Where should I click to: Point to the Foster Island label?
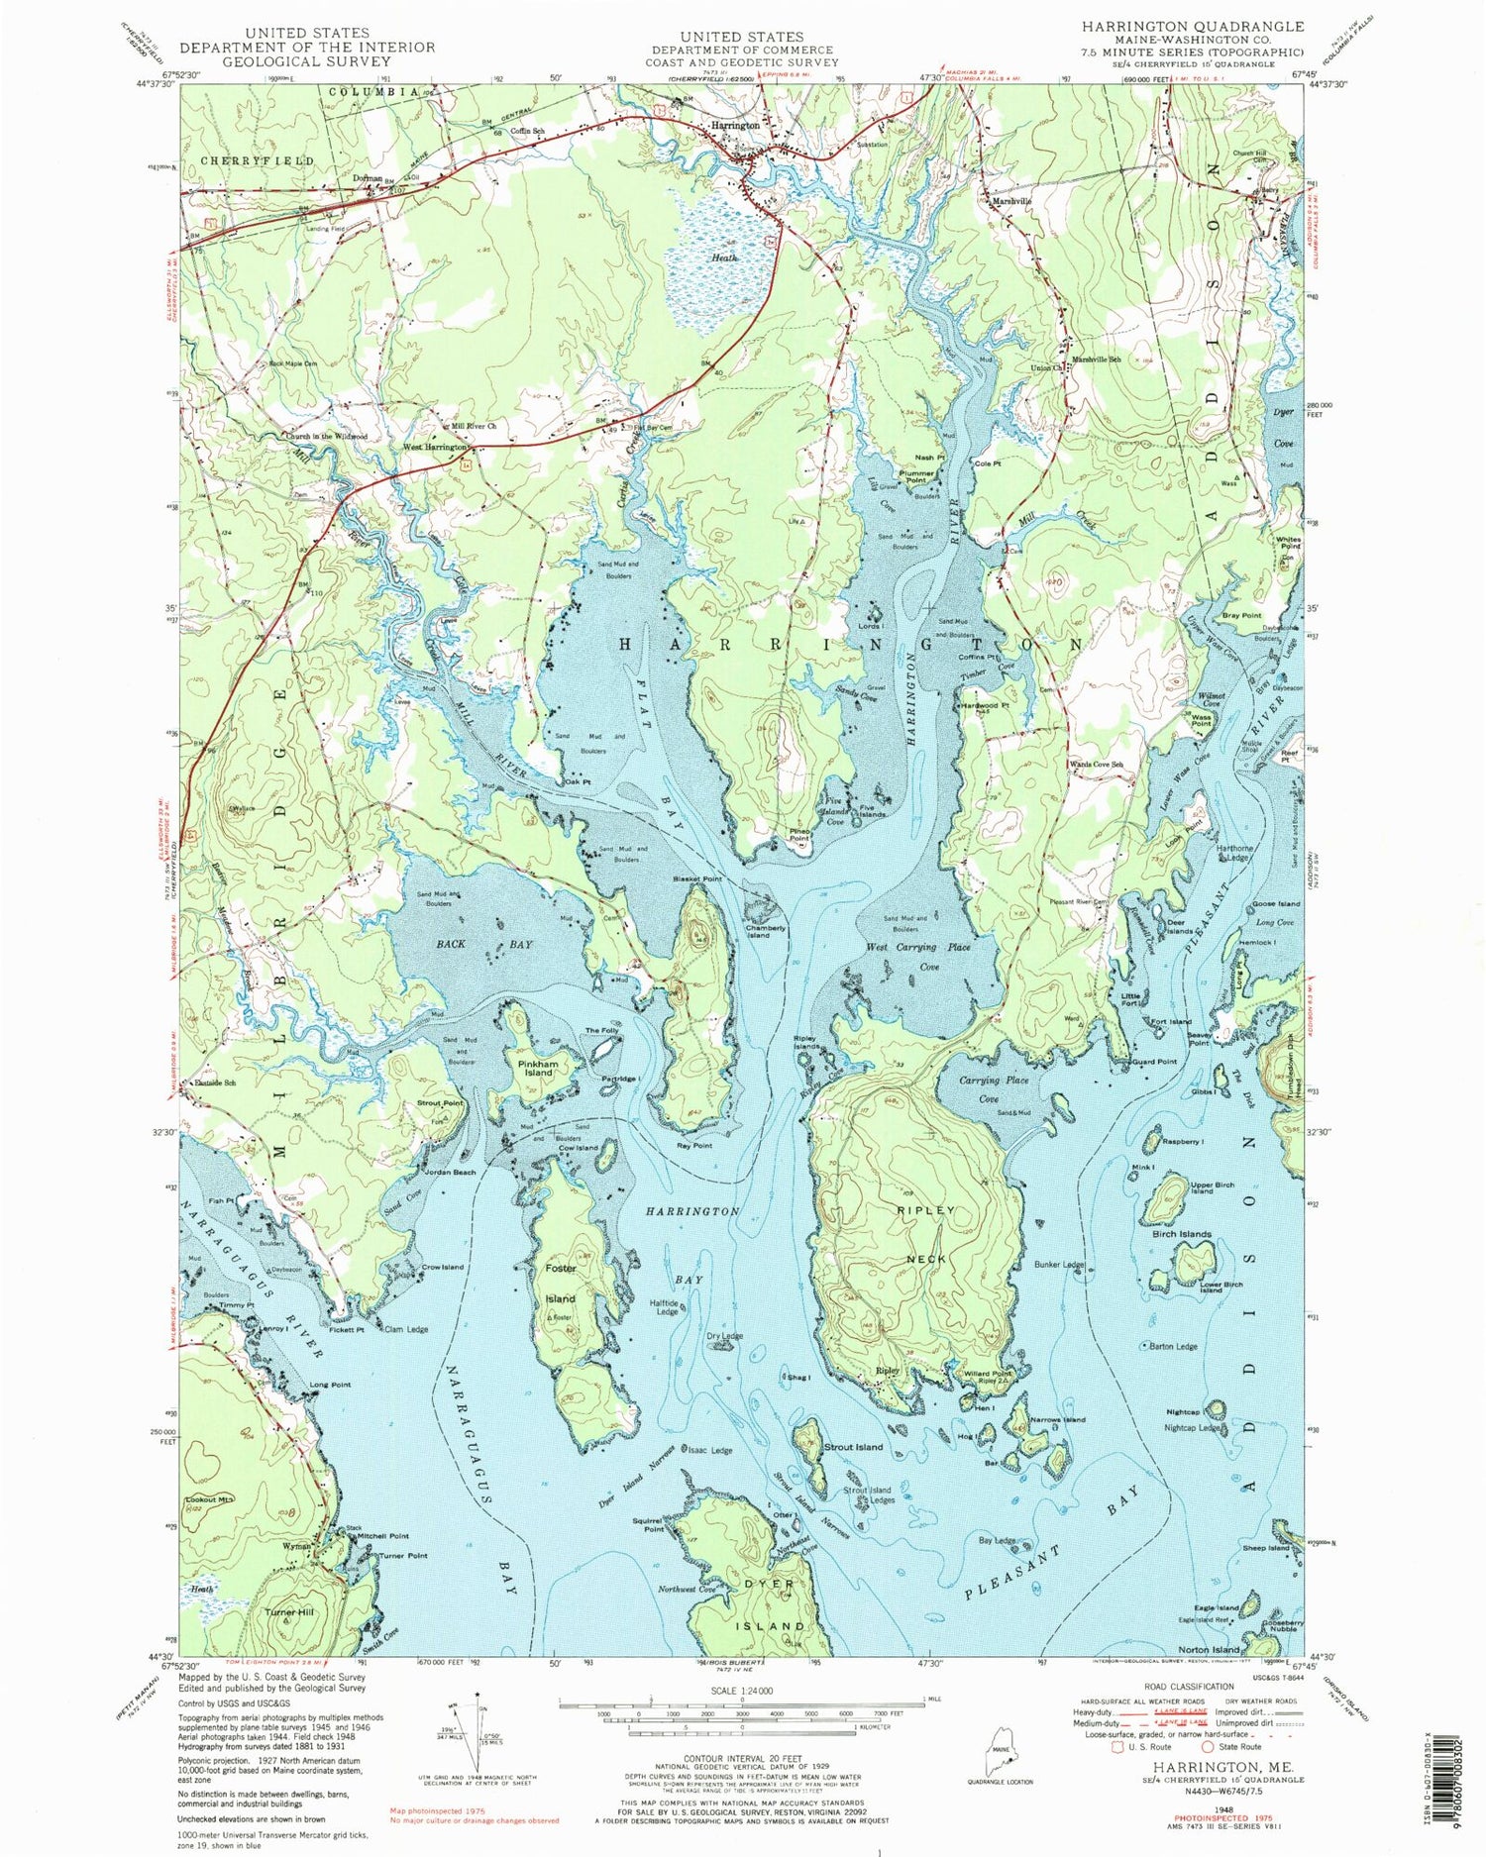click(x=561, y=1283)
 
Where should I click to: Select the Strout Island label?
click(x=853, y=1447)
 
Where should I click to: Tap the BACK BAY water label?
click(x=484, y=945)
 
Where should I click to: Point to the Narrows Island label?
click(x=1058, y=1419)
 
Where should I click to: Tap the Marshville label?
click(x=1010, y=201)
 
